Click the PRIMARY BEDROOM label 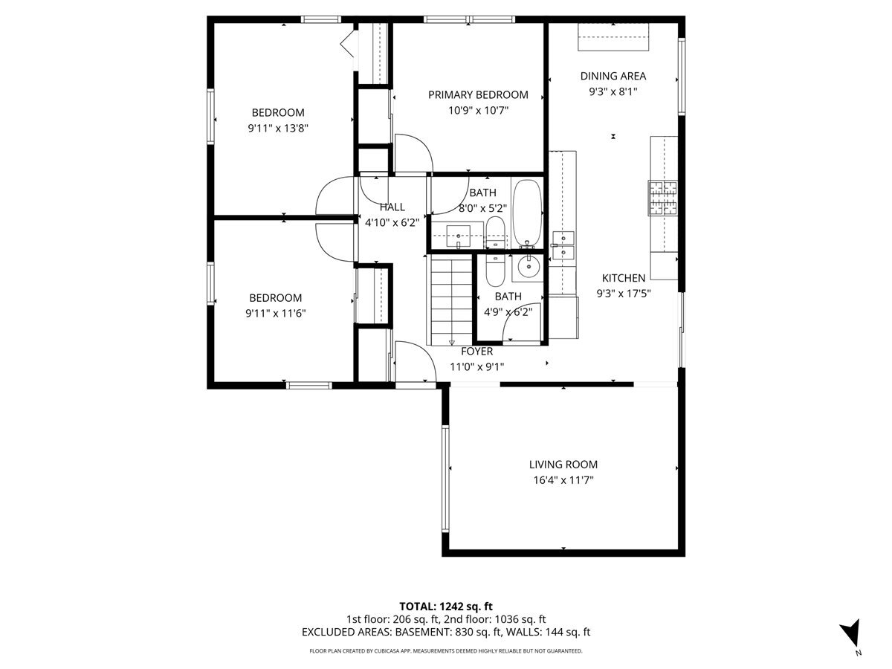point(478,94)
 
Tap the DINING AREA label point(613,76)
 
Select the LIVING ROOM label point(563,465)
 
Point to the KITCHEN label point(624,278)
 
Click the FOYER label point(476,351)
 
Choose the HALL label point(392,207)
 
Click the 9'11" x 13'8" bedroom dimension point(278,129)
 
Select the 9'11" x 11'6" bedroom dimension point(276,314)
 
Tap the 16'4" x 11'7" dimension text point(563,480)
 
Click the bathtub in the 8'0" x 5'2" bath point(527,213)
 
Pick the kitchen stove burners point(662,198)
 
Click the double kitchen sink point(563,245)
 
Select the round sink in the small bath point(529,266)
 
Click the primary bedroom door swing point(414,153)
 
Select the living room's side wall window point(445,479)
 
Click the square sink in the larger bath point(458,236)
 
